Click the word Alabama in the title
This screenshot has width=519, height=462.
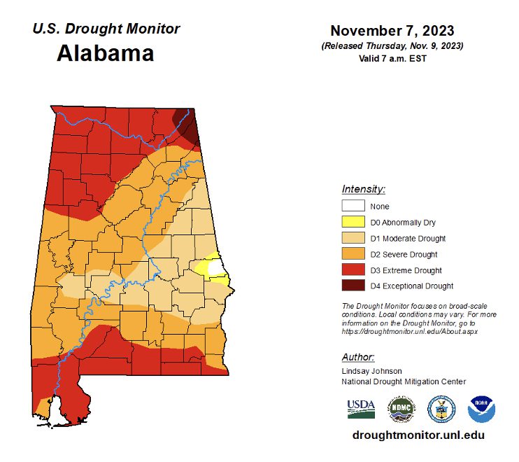pyautogui.click(x=105, y=53)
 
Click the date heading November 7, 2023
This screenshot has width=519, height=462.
pyautogui.click(x=392, y=31)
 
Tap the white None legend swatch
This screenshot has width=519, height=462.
pyautogui.click(x=353, y=206)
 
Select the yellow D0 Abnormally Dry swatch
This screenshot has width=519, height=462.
pyautogui.click(x=353, y=223)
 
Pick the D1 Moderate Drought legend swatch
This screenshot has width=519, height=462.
pyautogui.click(x=353, y=239)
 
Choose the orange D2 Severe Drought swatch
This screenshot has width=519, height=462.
pyautogui.click(x=353, y=254)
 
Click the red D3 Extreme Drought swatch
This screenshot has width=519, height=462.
pyautogui.click(x=353, y=270)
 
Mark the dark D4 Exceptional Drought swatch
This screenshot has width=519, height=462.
pyautogui.click(x=353, y=286)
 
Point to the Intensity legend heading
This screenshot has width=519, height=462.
pyautogui.click(x=364, y=190)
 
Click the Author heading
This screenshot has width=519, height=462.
pyautogui.click(x=358, y=357)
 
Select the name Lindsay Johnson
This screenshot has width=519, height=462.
pyautogui.click(x=372, y=371)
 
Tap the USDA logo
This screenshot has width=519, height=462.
pyautogui.click(x=361, y=408)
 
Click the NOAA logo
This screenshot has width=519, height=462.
pyautogui.click(x=481, y=408)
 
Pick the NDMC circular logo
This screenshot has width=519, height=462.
pyautogui.click(x=401, y=408)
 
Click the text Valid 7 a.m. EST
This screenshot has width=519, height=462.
pyautogui.click(x=392, y=58)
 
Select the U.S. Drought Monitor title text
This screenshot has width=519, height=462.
pyautogui.click(x=106, y=29)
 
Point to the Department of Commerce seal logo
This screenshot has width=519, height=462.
pyautogui.click(x=441, y=408)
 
